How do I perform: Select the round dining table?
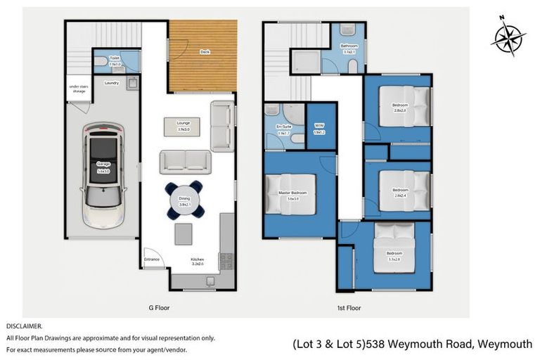[x=184, y=200]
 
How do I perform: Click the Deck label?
[x=205, y=52]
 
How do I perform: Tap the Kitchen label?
[x=198, y=261]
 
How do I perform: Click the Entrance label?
[x=152, y=259]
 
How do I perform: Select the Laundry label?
[x=110, y=83]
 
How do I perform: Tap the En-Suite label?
[x=283, y=129]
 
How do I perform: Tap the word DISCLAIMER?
[x=24, y=326]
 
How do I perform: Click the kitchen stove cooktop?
[x=226, y=261]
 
